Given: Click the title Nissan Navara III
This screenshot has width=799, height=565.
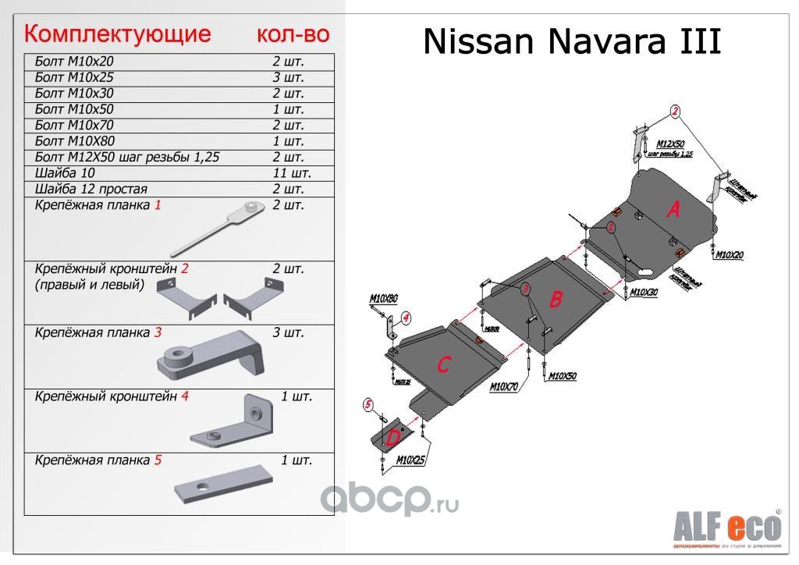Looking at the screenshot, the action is click(571, 42).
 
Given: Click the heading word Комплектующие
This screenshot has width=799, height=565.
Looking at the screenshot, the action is click(118, 34).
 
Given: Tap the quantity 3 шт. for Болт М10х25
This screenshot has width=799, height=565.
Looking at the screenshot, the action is click(288, 77).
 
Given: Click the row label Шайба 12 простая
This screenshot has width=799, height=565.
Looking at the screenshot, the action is click(91, 189).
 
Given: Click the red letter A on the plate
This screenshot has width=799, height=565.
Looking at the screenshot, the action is click(673, 209).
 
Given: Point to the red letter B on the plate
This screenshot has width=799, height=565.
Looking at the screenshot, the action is click(555, 300).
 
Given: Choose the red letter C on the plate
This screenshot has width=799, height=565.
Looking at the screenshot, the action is click(443, 364).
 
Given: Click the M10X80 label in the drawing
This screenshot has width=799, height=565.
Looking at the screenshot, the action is click(383, 299).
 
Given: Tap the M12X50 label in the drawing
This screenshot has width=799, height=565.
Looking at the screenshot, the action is click(669, 144).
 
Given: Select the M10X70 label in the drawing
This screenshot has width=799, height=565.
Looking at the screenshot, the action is click(504, 386).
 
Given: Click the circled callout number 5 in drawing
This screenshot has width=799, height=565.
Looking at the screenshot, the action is click(368, 404).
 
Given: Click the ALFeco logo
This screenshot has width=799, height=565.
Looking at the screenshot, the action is click(726, 528).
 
